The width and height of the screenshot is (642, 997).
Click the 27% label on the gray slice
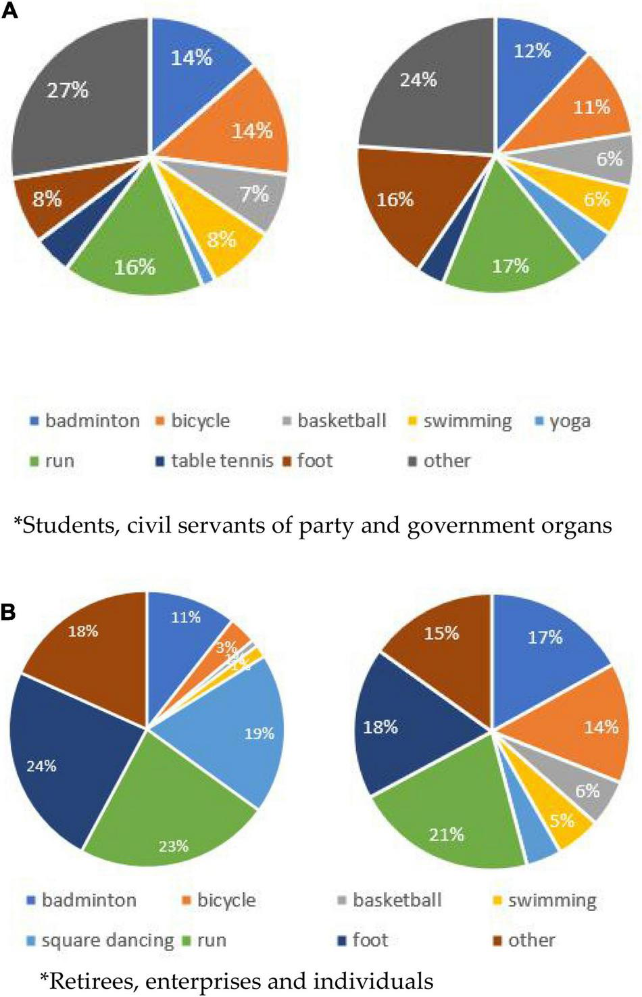[x=67, y=90]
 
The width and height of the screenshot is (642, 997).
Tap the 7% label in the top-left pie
[x=253, y=195]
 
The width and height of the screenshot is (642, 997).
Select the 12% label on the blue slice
[x=532, y=51]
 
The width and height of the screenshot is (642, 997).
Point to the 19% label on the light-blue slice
[x=259, y=733]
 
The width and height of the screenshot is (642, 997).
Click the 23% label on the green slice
[x=173, y=846]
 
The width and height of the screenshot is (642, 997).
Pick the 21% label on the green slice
[x=446, y=834]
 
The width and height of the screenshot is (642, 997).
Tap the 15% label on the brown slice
[x=441, y=633]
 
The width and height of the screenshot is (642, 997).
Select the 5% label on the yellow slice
[x=562, y=821]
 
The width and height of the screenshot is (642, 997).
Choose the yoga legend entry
[x=562, y=421]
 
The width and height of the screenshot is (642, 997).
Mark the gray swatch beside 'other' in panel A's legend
[x=412, y=462]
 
